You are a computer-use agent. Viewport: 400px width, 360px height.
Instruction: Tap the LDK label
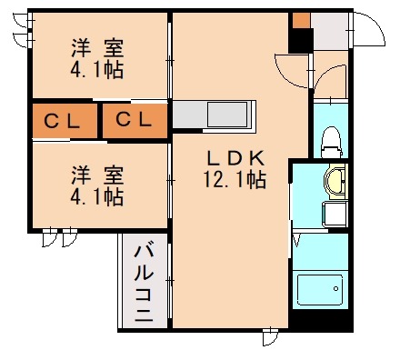point(234,155)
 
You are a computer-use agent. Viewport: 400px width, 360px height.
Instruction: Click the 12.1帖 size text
point(234,179)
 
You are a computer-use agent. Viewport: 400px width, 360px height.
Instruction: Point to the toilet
point(330,141)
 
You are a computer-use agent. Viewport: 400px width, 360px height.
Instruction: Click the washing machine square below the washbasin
point(333,215)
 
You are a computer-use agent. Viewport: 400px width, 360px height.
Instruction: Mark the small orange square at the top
point(301,21)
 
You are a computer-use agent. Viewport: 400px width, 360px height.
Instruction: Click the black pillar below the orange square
point(301,42)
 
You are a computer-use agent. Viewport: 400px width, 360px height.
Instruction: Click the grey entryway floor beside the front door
point(331,36)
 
